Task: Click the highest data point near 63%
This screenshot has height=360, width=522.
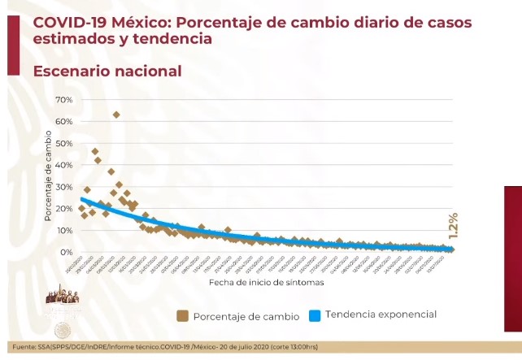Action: pos(116,115)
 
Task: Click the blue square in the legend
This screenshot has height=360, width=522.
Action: pos(314,315)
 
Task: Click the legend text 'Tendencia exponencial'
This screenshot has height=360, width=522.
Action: pos(381,314)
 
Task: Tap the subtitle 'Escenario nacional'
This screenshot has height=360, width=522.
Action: pos(107,72)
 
